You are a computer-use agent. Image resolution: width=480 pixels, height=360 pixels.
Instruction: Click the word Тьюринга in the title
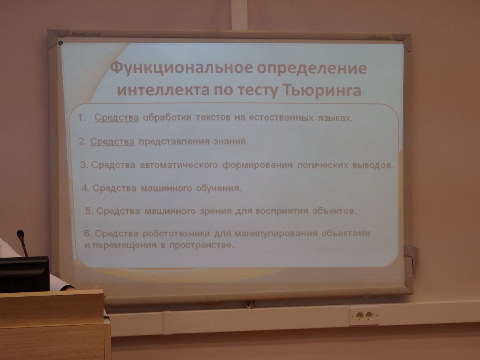click(322, 90)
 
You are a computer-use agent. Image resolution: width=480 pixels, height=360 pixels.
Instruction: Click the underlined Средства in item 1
click(116, 118)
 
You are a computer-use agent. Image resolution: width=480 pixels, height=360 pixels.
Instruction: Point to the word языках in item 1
click(335, 118)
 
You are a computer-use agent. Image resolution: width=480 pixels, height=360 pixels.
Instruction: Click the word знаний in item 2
click(231, 142)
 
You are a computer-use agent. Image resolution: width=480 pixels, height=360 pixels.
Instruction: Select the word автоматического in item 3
click(179, 165)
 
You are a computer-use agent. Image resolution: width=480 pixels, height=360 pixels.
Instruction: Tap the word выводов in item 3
click(373, 165)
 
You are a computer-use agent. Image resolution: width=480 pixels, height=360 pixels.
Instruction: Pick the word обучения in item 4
click(219, 188)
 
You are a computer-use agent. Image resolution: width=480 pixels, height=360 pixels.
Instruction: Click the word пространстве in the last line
click(202, 245)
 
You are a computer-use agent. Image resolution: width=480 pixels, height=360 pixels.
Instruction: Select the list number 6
click(87, 234)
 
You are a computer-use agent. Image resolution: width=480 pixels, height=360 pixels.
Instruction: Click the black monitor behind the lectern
click(24, 274)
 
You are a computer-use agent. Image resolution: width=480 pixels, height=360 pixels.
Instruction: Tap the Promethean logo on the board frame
click(86, 34)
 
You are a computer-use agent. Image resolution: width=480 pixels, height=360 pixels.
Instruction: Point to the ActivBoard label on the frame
click(378, 38)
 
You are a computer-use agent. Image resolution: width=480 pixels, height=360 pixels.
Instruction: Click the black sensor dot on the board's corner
click(61, 43)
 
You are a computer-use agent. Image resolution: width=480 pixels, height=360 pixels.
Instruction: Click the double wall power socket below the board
click(364, 316)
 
